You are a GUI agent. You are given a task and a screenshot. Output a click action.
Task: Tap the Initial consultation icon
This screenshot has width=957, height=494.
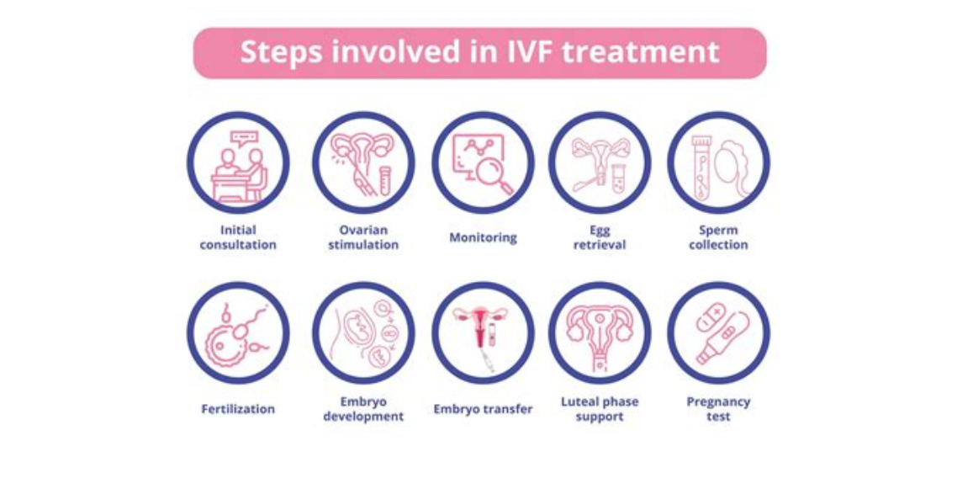click(x=238, y=162)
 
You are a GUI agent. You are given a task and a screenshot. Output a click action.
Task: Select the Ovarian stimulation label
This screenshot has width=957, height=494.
click(x=363, y=237)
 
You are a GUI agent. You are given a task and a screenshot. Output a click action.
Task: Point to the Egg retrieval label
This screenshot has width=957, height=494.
click(x=600, y=237)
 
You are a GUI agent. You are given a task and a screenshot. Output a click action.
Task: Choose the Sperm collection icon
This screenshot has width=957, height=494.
click(x=718, y=162)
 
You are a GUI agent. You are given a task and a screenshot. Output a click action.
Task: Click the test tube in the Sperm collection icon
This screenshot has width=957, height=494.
click(x=700, y=167)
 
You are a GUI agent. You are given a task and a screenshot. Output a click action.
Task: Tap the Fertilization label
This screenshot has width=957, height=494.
click(x=238, y=409)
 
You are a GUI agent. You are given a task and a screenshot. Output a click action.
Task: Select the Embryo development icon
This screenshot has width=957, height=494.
click(x=363, y=332)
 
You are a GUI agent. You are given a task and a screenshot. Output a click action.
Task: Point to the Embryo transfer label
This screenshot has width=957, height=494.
click(x=483, y=409)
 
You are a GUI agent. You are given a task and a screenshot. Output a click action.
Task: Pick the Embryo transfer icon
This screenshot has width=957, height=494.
click(x=483, y=332)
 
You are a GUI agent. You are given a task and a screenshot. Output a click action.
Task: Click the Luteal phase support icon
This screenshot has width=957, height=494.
click(x=600, y=332)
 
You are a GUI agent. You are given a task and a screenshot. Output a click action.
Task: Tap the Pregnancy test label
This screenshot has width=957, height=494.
click(x=718, y=409)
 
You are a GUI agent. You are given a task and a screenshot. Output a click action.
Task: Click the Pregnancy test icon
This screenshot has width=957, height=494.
click(x=718, y=332)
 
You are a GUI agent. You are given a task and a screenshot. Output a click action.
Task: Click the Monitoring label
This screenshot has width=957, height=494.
click(x=483, y=237)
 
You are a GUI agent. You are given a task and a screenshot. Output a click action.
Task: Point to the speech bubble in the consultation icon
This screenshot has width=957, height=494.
click(x=246, y=138)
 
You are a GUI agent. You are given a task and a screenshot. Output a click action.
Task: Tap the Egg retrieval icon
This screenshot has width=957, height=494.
click(x=600, y=162)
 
